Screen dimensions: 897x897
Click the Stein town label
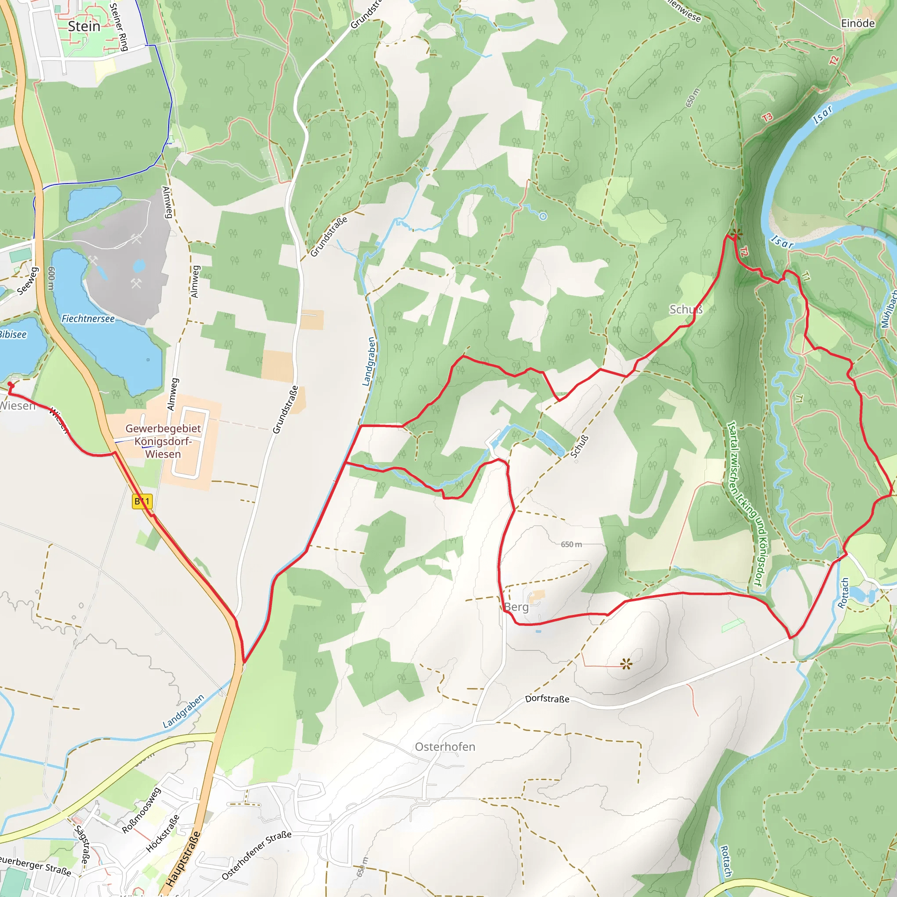coord(84,26)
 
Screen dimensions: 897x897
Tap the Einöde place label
coord(858,23)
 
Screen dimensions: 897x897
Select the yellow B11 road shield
coord(142,501)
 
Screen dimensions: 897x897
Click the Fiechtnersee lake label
coord(88,318)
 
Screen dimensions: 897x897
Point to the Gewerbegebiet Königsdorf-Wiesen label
coord(163,441)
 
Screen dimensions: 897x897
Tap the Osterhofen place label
coord(445,747)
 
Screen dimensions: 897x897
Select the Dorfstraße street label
coord(547,699)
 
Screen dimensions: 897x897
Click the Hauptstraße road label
coord(184,859)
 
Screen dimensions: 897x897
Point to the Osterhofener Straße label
coord(256,855)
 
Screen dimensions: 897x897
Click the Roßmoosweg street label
coord(141,810)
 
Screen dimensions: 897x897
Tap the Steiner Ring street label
coord(119,26)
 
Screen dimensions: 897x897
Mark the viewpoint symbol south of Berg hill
coord(626,664)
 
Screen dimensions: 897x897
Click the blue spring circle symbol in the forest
coord(543,216)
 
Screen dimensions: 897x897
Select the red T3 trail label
coord(767,117)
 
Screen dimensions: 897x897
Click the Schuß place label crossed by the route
coord(686,309)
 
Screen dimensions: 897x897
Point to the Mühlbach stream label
coord(888,309)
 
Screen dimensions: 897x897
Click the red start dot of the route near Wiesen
coord(11,385)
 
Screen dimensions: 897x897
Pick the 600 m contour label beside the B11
coord(51,279)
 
